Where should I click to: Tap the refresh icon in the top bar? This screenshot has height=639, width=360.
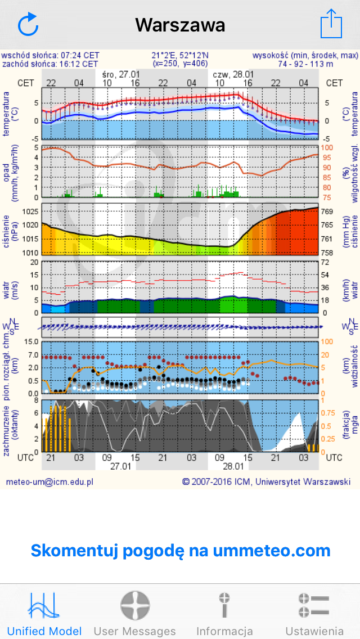tap(28, 25)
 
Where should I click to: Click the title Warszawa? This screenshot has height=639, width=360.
tap(180, 25)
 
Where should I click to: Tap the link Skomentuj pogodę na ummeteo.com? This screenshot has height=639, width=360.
tap(180, 550)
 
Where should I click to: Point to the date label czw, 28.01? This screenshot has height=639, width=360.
tap(233, 74)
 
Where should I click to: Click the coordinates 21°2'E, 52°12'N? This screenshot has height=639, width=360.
tap(180, 55)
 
